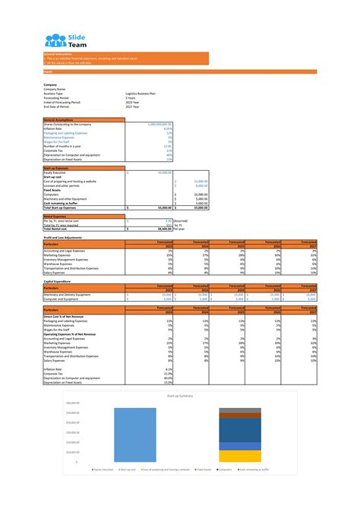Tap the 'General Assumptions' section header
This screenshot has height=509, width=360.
pyautogui.click(x=60, y=120)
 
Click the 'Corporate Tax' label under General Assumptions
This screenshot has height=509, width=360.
pyautogui.click(x=56, y=150)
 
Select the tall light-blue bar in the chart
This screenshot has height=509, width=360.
pyautogui.click(x=137, y=434)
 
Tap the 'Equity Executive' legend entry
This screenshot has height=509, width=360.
pyautogui.click(x=102, y=470)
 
